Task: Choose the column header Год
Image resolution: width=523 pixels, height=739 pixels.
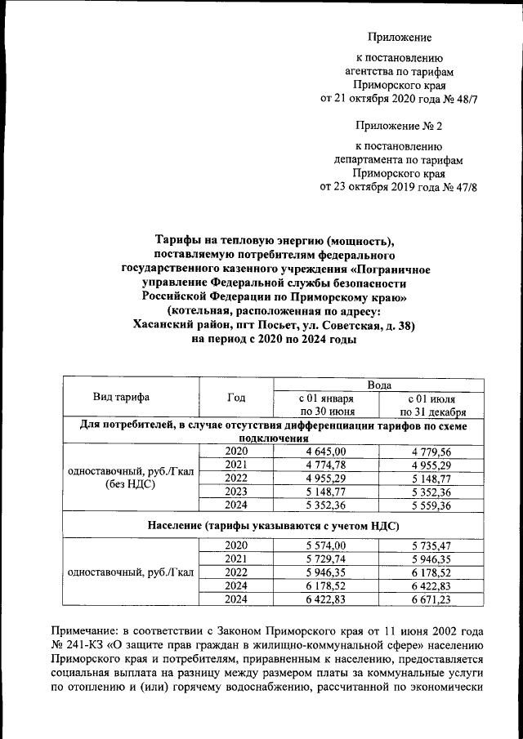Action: coord(236,398)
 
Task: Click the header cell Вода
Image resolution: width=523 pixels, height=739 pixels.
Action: coord(379,385)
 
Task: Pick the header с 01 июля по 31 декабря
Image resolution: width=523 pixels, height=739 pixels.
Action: coord(432,404)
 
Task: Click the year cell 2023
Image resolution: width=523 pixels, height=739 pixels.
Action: coord(236,492)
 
